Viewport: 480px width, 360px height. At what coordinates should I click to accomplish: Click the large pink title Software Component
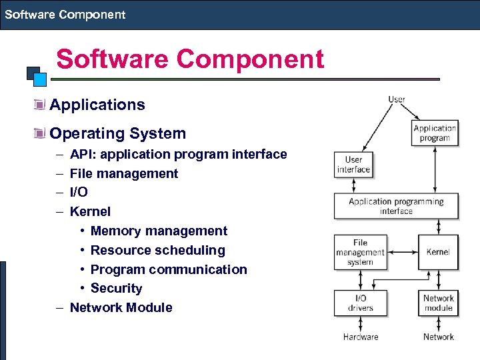coord(190,59)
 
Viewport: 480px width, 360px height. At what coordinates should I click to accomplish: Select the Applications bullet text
coord(97,105)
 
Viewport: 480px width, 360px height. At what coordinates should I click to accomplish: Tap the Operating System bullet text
coord(117,133)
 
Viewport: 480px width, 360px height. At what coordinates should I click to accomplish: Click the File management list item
coord(124,173)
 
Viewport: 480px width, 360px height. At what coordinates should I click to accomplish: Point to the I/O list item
coord(79,192)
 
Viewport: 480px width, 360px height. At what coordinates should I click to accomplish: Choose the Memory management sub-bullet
coord(159,231)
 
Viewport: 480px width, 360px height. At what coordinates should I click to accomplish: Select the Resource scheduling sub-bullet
coord(157,250)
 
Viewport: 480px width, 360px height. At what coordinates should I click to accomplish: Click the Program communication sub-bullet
coord(169,269)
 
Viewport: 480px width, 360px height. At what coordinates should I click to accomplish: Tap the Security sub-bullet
coord(117,288)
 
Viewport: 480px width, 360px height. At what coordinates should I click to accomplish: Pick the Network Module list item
coord(121,307)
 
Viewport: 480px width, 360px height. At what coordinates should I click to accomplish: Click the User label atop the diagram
coord(397,100)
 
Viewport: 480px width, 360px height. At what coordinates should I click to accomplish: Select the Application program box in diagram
coord(435,133)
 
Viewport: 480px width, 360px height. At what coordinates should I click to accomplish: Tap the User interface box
coord(353,165)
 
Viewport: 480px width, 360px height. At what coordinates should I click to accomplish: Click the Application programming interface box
coord(396,206)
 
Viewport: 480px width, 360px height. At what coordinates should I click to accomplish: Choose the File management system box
coord(360,252)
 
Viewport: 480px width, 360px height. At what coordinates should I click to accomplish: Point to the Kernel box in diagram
coord(438,252)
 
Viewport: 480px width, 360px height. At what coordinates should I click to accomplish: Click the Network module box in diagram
coord(438,303)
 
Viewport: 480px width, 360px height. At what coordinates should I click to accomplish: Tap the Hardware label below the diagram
coord(360,337)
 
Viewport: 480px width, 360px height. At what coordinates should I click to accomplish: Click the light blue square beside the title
coord(40,80)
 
